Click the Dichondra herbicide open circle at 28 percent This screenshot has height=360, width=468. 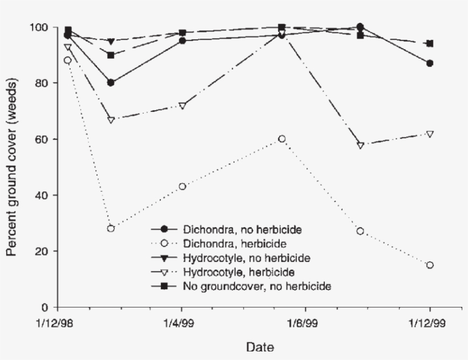(111, 228)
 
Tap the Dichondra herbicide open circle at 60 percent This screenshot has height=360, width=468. (282, 139)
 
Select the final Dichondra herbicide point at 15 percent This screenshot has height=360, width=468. (430, 265)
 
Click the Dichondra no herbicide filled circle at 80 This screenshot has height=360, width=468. (111, 83)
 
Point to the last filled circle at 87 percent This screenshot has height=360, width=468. (430, 63)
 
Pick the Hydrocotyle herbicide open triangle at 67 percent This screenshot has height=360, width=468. (111, 120)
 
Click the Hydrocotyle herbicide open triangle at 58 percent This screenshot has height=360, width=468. (360, 145)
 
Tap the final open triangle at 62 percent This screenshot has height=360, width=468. (430, 134)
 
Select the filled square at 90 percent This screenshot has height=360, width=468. (111, 55)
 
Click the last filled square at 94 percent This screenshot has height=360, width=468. (430, 43)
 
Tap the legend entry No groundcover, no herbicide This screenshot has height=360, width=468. (257, 285)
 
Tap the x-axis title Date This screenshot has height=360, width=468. (260, 346)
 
